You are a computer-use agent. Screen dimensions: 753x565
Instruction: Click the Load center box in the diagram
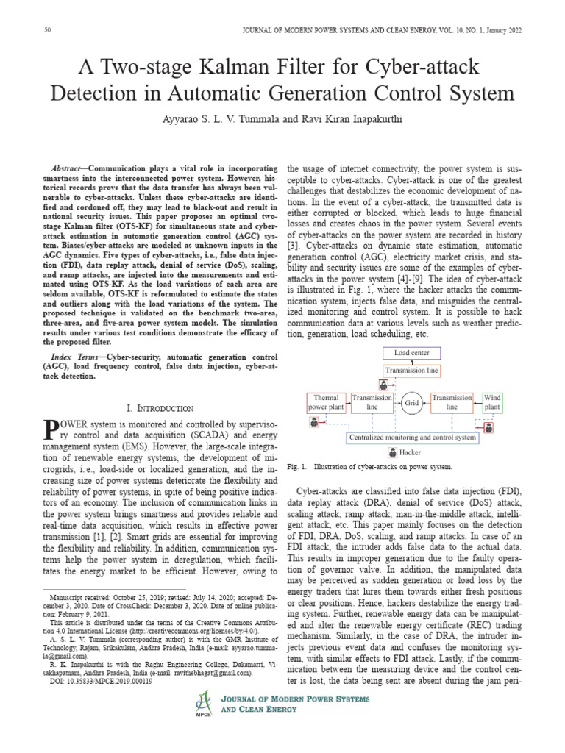point(412,353)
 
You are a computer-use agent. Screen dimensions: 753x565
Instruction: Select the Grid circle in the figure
point(412,402)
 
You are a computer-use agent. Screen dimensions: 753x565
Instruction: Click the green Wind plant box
point(492,402)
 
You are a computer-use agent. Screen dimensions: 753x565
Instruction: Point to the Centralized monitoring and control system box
point(412,437)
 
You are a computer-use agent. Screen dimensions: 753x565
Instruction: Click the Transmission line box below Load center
point(412,371)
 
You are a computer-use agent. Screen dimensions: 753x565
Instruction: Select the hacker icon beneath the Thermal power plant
point(314,421)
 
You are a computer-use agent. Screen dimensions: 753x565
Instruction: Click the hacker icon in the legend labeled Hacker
point(391,452)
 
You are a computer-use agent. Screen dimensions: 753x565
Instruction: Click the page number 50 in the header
point(48,29)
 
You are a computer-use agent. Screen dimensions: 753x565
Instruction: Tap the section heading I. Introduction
point(160,407)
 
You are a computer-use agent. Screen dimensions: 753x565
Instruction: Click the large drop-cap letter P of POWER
point(51,430)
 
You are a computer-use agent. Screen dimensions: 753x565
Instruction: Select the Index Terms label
point(79,355)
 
